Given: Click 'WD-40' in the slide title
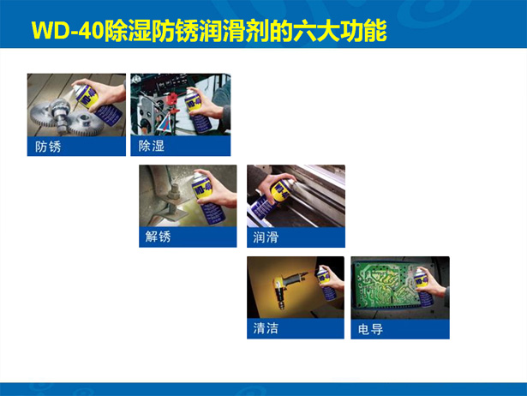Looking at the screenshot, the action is (x=68, y=31).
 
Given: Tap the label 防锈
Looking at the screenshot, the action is (x=48, y=147).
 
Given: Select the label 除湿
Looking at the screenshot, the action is (x=152, y=147).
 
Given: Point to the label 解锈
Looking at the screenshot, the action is (x=158, y=237).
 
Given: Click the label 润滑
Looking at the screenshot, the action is (x=266, y=237).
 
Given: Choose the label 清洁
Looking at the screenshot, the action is (x=266, y=327).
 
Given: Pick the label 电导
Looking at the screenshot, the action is (x=370, y=329).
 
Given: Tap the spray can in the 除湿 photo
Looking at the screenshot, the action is (x=198, y=111).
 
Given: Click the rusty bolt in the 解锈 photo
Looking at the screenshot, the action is (x=173, y=201).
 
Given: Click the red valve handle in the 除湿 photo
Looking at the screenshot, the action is (x=172, y=99).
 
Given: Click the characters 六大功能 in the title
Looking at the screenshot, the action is (x=340, y=31).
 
